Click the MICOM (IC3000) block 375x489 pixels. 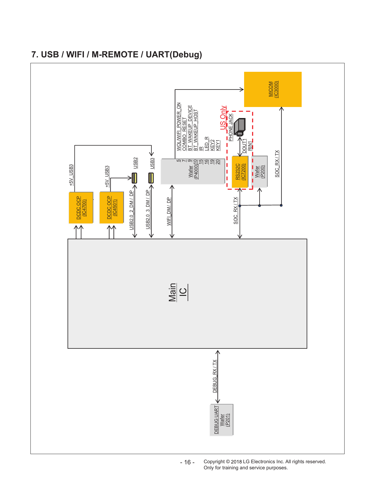(x=273, y=89)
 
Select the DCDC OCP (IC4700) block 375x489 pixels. (x=81, y=208)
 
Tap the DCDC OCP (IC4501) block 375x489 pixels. (x=112, y=207)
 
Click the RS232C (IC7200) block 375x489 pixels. (x=240, y=172)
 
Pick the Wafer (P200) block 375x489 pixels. (x=260, y=172)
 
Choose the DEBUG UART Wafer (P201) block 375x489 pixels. (x=222, y=420)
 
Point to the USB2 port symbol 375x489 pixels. (x=134, y=178)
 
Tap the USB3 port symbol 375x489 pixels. (x=151, y=178)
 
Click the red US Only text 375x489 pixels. (x=223, y=118)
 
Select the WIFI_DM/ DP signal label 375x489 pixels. (x=169, y=211)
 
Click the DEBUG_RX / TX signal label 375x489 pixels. (x=215, y=376)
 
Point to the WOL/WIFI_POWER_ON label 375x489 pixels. (x=179, y=127)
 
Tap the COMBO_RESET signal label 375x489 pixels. (x=184, y=134)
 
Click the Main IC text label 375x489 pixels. (x=178, y=292)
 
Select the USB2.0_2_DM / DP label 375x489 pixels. (x=131, y=210)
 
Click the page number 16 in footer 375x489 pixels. (x=187, y=462)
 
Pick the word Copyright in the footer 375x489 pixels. (x=214, y=462)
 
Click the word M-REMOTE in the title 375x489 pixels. (x=115, y=54)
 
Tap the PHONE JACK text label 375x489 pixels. (x=231, y=128)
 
